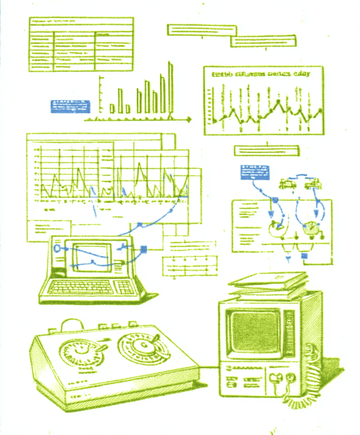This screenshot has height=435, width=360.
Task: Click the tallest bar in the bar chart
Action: [x=170, y=89]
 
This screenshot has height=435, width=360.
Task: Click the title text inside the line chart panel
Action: [x=261, y=75]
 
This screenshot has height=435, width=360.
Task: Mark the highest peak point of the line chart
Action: [x=278, y=101]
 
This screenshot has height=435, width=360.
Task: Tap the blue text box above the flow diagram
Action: [x=255, y=172]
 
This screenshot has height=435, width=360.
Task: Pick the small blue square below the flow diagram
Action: [x=304, y=256]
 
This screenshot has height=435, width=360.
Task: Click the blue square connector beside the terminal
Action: [x=143, y=249]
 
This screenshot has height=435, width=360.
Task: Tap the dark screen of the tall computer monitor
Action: [x=254, y=332]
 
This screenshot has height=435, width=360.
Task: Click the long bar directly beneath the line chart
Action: [x=267, y=150]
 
